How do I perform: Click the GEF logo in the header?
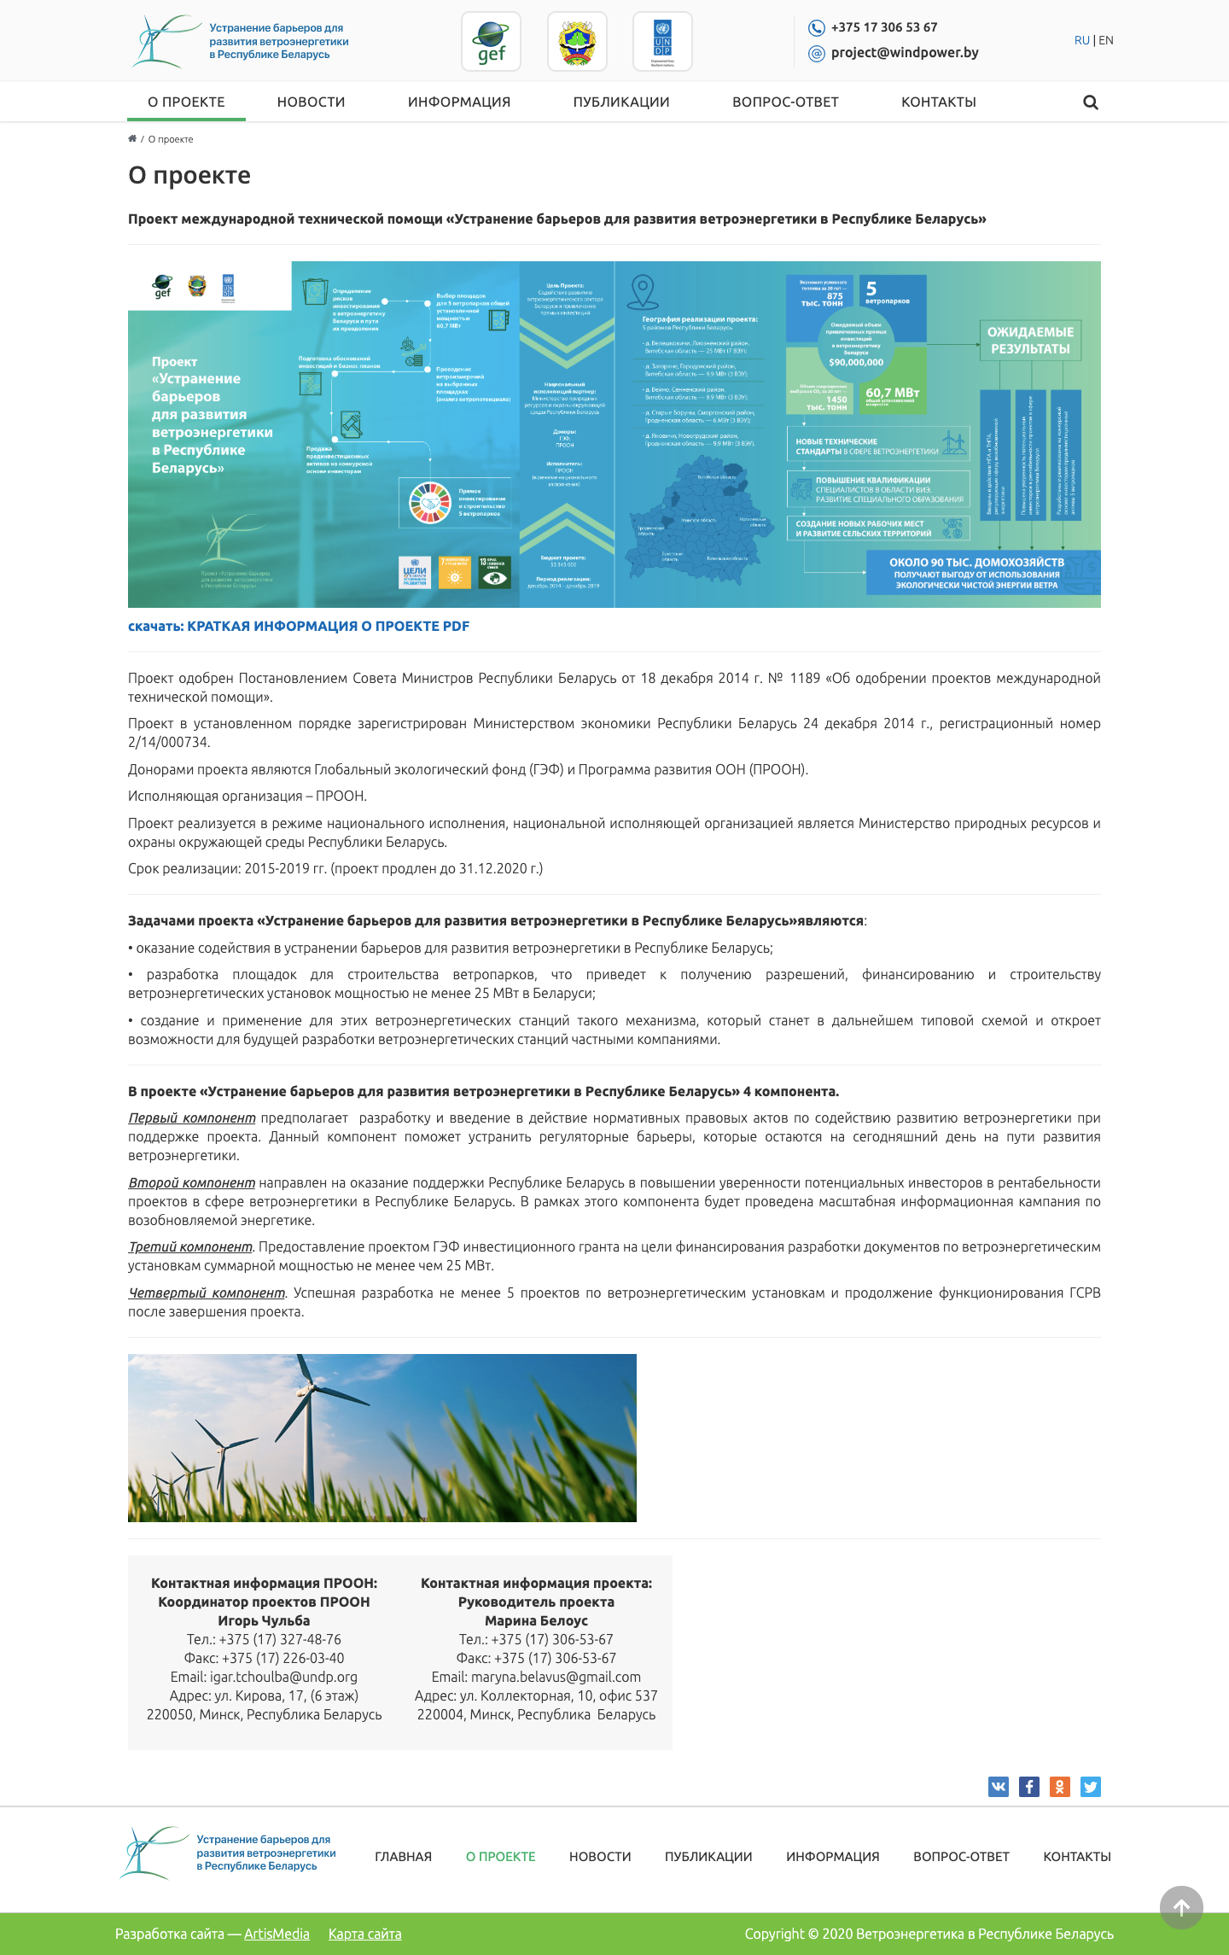(x=492, y=42)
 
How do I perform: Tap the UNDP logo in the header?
(x=662, y=42)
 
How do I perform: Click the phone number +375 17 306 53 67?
(x=884, y=27)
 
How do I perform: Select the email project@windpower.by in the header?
(x=905, y=53)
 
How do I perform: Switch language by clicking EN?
(x=1106, y=40)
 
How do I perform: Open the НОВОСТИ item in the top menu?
(x=311, y=102)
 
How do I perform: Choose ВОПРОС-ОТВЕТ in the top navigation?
(x=785, y=102)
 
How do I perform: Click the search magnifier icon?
(x=1091, y=102)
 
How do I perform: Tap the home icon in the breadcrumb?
(x=132, y=139)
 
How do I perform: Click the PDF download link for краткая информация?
(x=299, y=626)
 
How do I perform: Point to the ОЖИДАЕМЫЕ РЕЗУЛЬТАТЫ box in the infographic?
(x=1030, y=341)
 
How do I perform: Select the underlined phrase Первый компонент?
(x=192, y=1118)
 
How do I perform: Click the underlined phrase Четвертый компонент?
(x=207, y=1293)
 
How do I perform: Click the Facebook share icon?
(x=1029, y=1787)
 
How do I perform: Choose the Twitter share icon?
(x=1091, y=1787)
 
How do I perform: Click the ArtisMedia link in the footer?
(x=277, y=1934)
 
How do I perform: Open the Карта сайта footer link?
(x=364, y=1934)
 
